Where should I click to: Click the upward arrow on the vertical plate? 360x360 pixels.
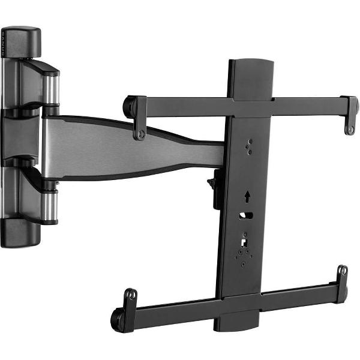click(246, 197)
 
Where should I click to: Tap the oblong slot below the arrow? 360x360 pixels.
click(246, 215)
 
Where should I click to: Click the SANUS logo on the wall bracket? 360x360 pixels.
click(3, 45)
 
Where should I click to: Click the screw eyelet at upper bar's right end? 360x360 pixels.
click(349, 128)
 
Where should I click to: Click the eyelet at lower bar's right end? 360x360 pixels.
click(341, 271)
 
